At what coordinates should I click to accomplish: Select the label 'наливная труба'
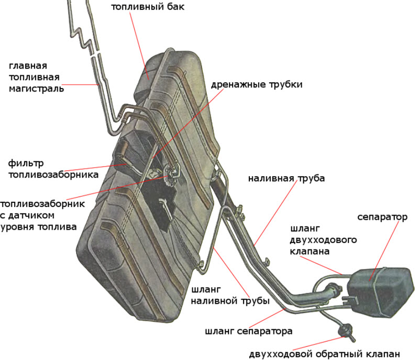(286, 178)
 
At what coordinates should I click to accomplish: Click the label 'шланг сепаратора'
(248, 331)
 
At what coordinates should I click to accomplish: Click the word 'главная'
(28, 66)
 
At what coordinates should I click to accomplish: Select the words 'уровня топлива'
(39, 227)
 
